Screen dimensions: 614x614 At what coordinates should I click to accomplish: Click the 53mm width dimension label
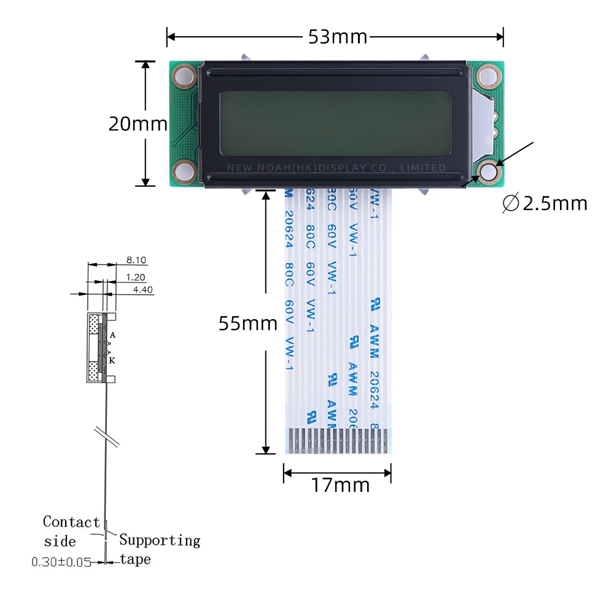pos(337,37)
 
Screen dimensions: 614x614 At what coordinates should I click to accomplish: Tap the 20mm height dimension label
pos(138,124)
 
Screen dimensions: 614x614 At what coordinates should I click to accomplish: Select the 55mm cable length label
pos(248,323)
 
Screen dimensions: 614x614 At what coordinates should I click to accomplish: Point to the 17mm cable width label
pos(340,486)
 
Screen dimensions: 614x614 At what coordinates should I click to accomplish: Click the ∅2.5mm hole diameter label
pos(545,203)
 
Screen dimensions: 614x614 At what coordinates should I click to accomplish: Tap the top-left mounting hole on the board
pos(183,76)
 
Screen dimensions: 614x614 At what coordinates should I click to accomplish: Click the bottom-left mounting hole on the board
pos(183,170)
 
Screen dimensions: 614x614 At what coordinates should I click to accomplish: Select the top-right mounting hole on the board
pos(488,76)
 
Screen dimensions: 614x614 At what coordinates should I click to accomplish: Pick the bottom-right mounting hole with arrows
pos(489,173)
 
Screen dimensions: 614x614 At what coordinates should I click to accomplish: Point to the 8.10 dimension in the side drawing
pos(136,260)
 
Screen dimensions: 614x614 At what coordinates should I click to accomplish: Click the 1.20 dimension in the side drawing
pos(136,277)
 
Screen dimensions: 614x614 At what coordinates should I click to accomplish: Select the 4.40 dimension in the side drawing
pos(142,290)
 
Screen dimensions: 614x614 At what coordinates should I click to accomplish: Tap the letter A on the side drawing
pos(113,335)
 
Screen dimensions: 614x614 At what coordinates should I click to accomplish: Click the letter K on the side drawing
pos(112,361)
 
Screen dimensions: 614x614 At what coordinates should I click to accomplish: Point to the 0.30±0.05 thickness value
pos(61,561)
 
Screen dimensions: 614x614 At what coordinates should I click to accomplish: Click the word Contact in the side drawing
pos(71,522)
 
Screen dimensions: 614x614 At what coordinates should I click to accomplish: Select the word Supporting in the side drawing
pos(160,540)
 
